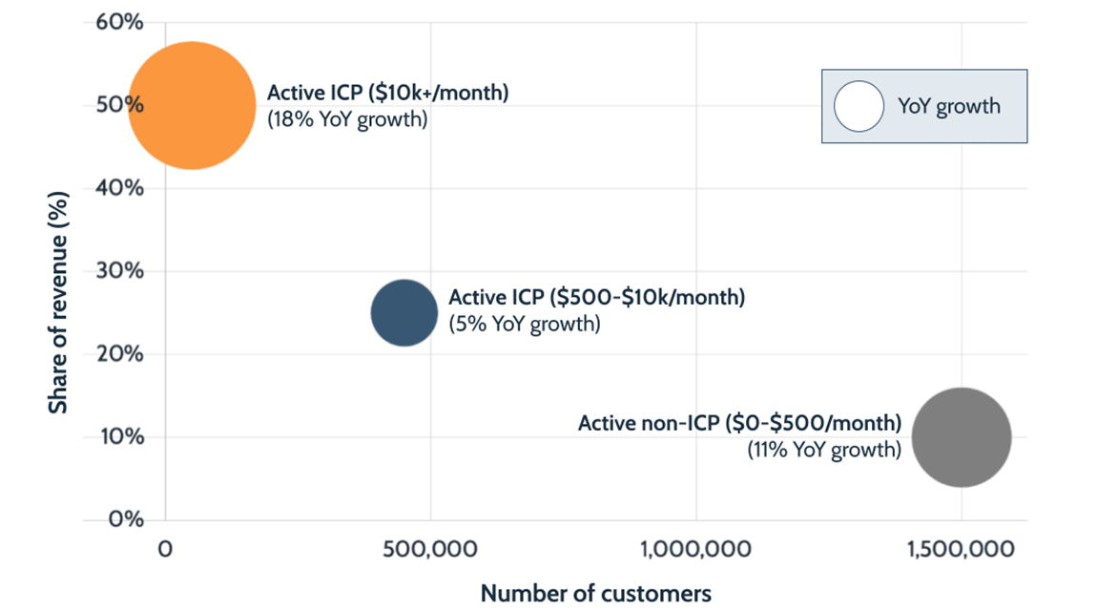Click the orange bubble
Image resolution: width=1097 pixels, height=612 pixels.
click(192, 105)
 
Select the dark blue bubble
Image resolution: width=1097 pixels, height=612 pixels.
click(404, 312)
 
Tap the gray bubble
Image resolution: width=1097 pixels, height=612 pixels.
click(962, 437)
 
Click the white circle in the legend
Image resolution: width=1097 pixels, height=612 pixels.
click(859, 106)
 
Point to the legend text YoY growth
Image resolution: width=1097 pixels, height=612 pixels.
click(948, 106)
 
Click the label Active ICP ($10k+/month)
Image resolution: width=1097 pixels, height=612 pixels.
click(387, 94)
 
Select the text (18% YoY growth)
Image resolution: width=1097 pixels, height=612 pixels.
click(347, 119)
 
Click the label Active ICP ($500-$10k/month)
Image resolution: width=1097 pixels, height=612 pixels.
click(596, 297)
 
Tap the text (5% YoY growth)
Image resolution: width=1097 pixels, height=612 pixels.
click(525, 324)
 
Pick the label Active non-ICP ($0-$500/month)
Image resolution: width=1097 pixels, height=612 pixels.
click(739, 422)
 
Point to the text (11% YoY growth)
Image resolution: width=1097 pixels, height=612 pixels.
click(823, 449)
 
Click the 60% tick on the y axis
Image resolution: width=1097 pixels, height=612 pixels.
click(120, 22)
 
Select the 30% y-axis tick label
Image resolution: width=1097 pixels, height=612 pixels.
click(120, 271)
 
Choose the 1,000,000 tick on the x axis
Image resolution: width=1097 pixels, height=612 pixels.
click(695, 550)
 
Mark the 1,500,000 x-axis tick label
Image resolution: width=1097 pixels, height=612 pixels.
click(961, 550)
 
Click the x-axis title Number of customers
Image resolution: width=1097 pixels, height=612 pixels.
click(595, 593)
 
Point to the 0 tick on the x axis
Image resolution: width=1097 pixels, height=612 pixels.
click(165, 550)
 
